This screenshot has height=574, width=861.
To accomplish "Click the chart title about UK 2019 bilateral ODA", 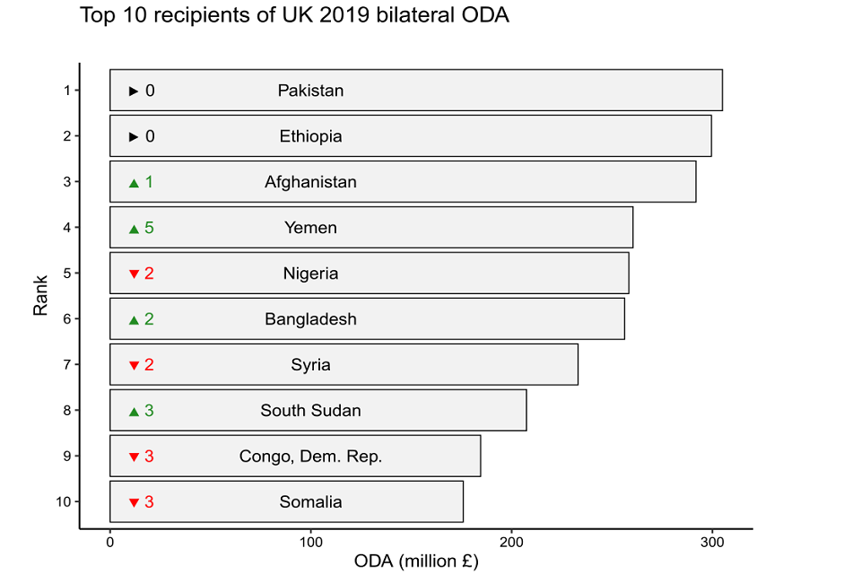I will pyautogui.click(x=294, y=16).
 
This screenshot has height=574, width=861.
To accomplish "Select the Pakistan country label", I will pyautogui.click(x=310, y=91).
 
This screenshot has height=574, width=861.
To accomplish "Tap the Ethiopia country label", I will pyautogui.click(x=310, y=136).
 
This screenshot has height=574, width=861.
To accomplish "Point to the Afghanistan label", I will pyautogui.click(x=310, y=182).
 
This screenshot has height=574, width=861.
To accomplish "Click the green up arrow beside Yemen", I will pyautogui.click(x=134, y=229).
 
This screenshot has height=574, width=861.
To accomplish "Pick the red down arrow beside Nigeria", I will pyautogui.click(x=134, y=274).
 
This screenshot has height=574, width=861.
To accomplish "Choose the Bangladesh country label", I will pyautogui.click(x=310, y=319).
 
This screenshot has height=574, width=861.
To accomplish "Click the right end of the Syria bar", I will pyautogui.click(x=577, y=365).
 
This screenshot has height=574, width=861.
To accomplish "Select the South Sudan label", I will pyautogui.click(x=310, y=411).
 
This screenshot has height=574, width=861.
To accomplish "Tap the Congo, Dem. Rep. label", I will pyautogui.click(x=310, y=457).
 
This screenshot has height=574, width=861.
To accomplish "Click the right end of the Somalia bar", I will pyautogui.click(x=462, y=502).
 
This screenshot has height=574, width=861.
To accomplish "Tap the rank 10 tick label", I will pyautogui.click(x=63, y=502).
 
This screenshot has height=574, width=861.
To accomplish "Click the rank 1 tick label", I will pyautogui.click(x=66, y=91).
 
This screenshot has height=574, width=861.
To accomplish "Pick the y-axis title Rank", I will pyautogui.click(x=40, y=296).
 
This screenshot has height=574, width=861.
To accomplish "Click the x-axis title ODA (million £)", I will pyautogui.click(x=416, y=562).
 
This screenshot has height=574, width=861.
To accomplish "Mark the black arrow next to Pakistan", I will pyautogui.click(x=134, y=91).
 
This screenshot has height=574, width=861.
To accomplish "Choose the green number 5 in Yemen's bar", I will pyautogui.click(x=149, y=228).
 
